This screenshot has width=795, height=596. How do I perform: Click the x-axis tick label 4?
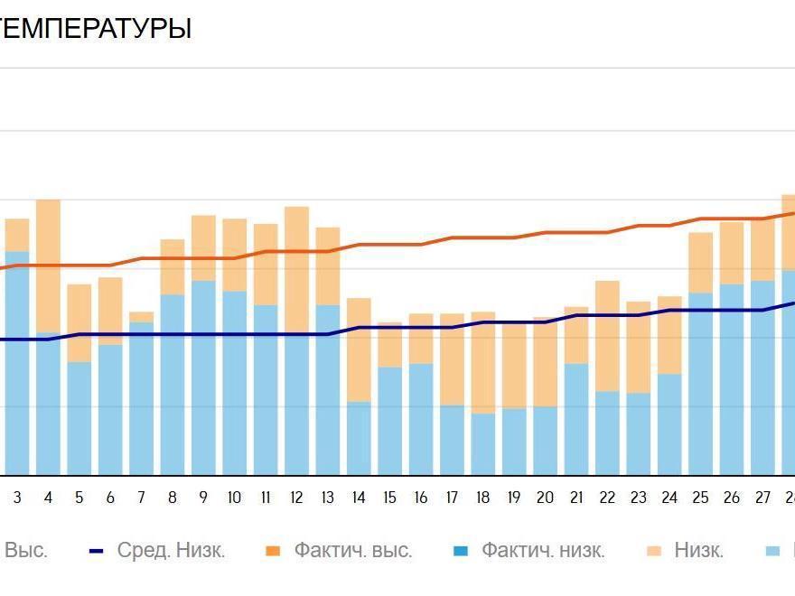tap(48, 498)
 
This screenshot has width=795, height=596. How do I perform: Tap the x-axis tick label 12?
tap(296, 498)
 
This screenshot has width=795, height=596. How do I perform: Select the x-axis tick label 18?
tap(482, 498)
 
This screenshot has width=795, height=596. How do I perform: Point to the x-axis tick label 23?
tap(638, 498)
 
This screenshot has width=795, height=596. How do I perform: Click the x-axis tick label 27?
tap(762, 498)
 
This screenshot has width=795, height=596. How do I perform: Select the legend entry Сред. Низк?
tap(171, 550)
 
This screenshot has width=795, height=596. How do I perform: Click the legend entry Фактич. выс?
tap(352, 550)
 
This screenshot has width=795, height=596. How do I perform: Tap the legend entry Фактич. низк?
tap(543, 550)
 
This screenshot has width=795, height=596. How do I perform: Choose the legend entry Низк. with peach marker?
tap(698, 550)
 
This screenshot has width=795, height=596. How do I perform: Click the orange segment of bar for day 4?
tap(48, 265)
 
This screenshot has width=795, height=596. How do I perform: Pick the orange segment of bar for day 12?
tap(296, 269)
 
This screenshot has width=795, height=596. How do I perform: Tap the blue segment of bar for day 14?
tap(359, 438)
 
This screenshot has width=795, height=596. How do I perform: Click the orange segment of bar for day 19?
tap(513, 365)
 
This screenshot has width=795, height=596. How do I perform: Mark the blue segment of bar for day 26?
tap(732, 379)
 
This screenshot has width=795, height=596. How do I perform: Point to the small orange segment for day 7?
tap(141, 317)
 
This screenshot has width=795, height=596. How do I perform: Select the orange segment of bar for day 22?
tap(607, 336)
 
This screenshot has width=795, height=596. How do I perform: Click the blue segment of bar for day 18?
tap(482, 444)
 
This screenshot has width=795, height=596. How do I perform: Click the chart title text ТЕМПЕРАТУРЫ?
tap(95, 29)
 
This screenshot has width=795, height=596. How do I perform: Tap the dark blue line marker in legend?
tap(99, 550)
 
